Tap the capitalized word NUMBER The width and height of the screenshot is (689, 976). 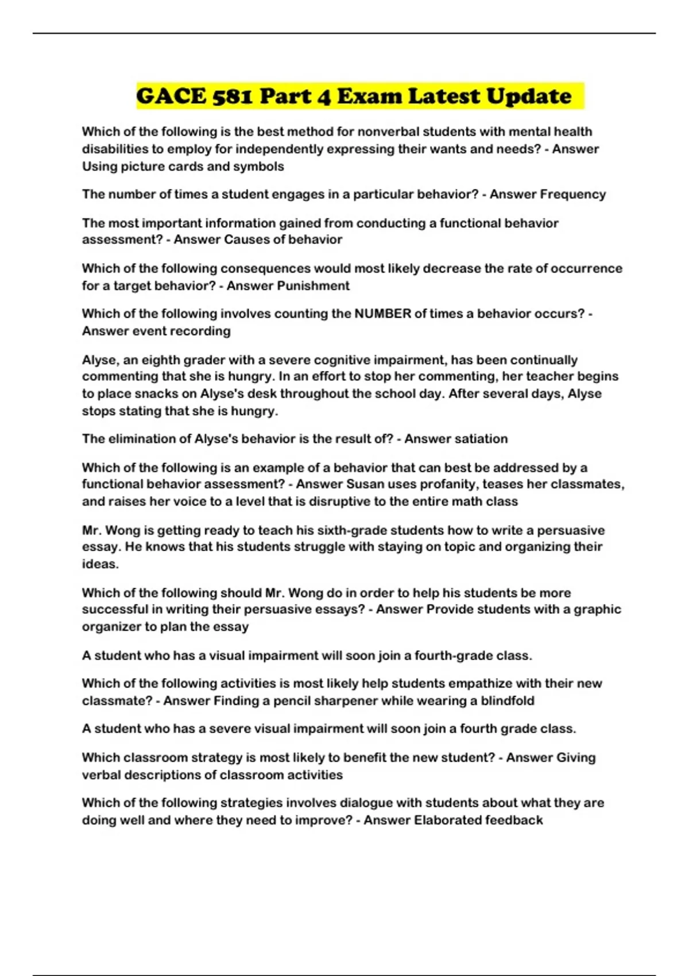383,313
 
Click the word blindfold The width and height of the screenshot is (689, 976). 508,700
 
